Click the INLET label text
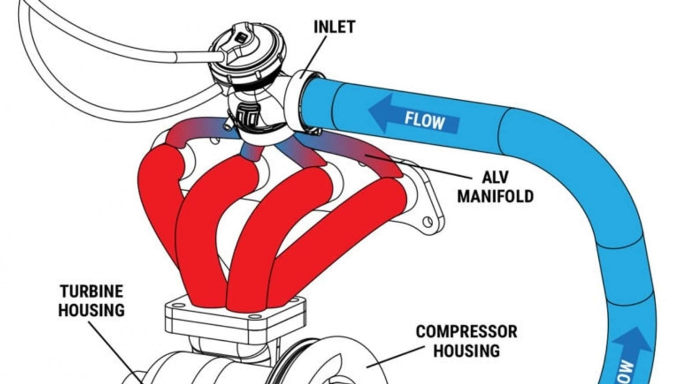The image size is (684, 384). click(334, 27)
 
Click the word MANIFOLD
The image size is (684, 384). click(495, 196)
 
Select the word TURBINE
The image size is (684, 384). click(92, 291)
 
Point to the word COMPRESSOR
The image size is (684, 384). click(466, 331)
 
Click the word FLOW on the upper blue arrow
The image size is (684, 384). click(425, 121)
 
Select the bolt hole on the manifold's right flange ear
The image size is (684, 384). click(427, 222)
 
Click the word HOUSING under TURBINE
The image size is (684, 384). click(91, 310)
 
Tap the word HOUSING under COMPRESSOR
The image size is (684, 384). click(466, 351)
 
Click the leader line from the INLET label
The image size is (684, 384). click(315, 55)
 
